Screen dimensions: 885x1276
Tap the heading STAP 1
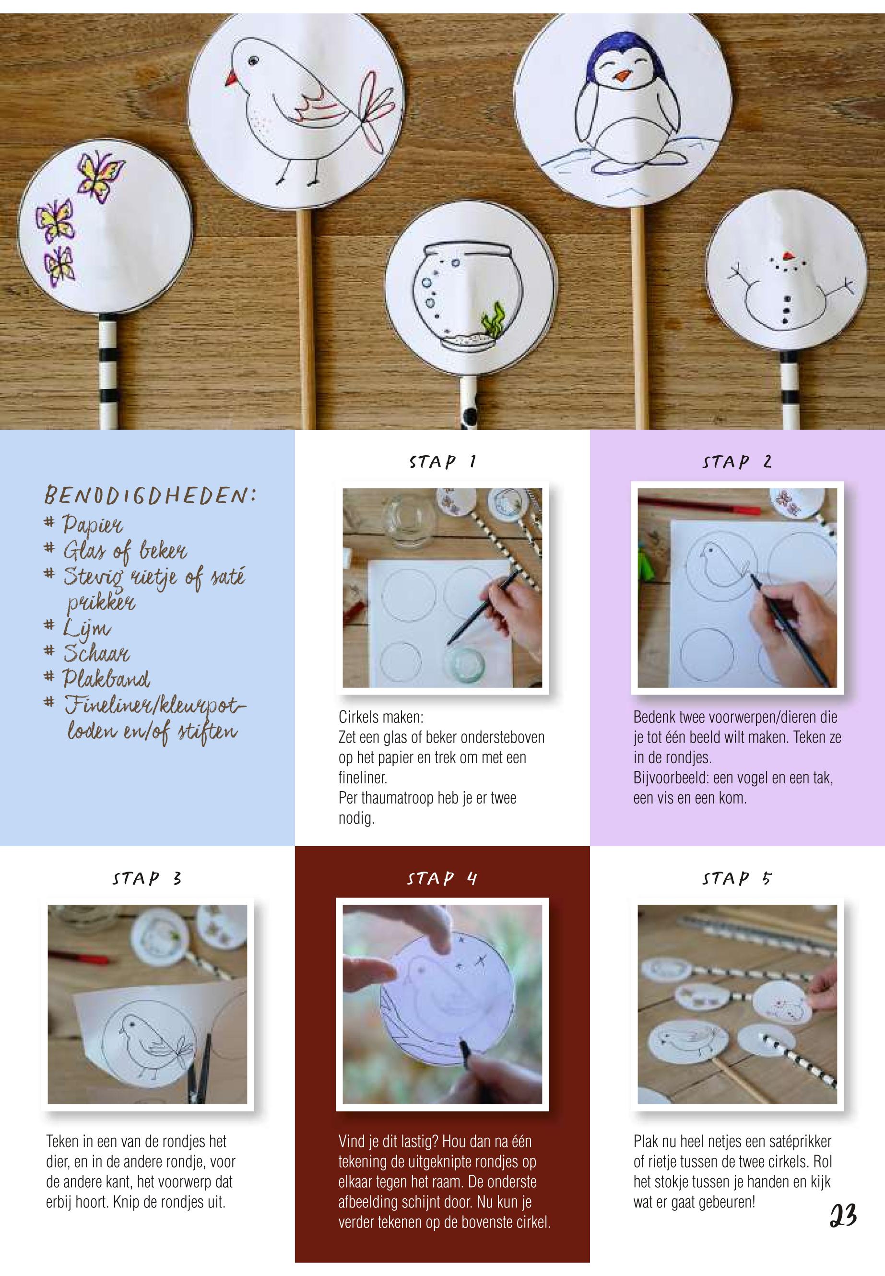click(x=442, y=461)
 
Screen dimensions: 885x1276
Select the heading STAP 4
click(x=442, y=878)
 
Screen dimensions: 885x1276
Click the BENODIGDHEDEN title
click(x=150, y=495)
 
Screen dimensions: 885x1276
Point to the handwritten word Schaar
click(x=96, y=653)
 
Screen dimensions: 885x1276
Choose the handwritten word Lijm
click(x=86, y=629)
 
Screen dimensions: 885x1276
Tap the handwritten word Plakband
click(x=106, y=678)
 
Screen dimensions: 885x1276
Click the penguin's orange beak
click(x=624, y=75)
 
